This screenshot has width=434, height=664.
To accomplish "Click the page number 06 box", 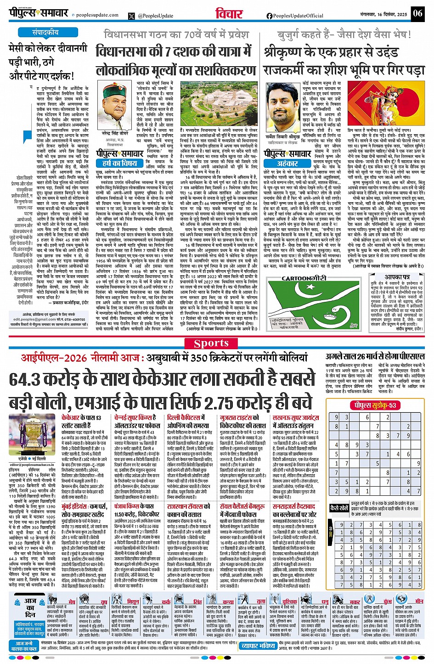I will tap(417, 13).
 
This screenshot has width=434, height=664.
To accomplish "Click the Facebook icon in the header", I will tap(269, 16).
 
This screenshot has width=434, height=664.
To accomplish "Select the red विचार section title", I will tap(229, 13).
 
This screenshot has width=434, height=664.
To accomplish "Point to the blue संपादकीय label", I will tap(45, 33).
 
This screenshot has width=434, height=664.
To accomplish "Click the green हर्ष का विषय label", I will tap(120, 163).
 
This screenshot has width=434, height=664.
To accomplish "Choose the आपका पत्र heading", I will tap(397, 277).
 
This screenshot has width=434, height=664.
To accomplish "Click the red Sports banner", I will tap(211, 343).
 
